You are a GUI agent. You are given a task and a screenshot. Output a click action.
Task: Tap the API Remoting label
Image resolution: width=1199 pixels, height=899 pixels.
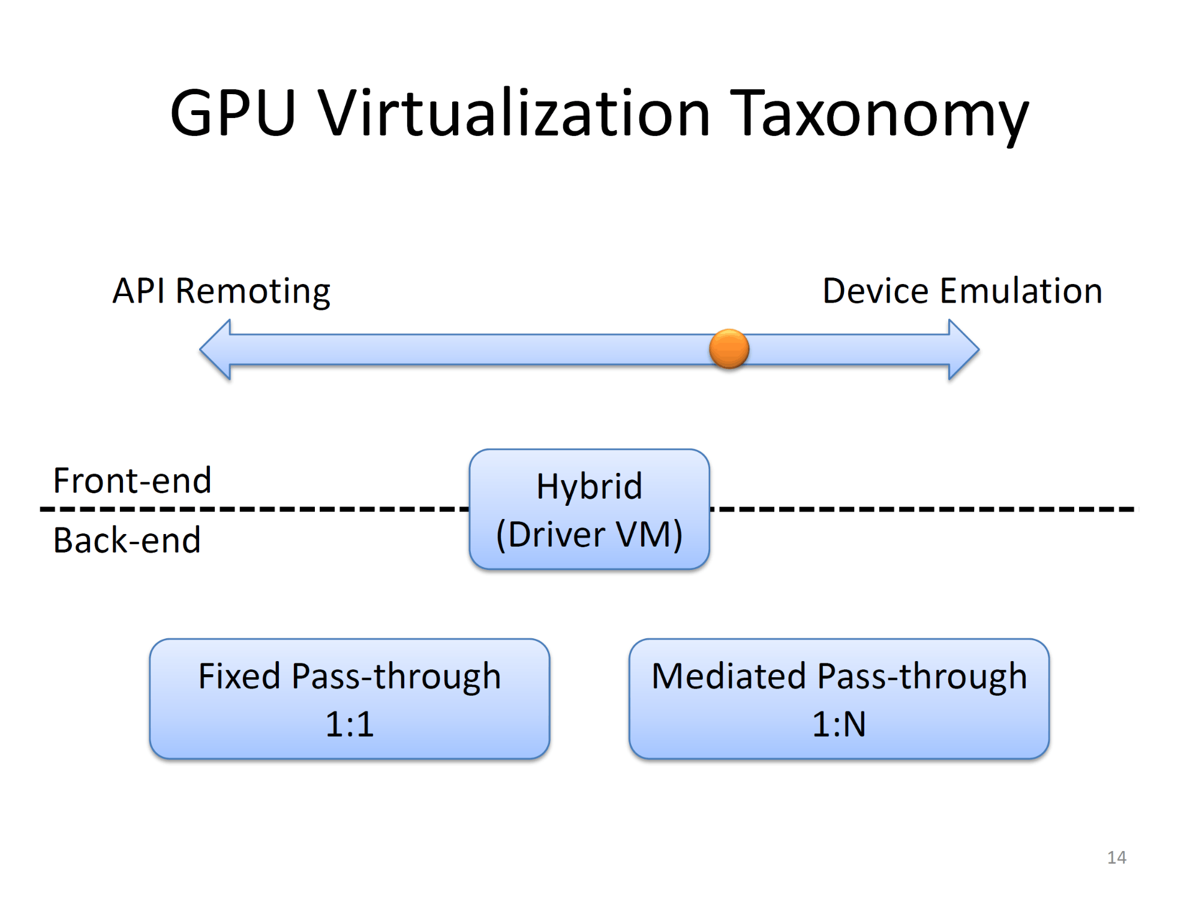coord(221,292)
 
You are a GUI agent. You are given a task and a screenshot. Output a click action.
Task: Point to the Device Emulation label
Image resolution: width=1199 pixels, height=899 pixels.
coord(962,291)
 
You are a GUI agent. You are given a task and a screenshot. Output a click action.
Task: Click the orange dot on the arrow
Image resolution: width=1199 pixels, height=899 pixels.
coord(729,348)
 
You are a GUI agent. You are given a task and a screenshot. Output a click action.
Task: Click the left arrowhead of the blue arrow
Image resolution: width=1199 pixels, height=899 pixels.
coord(215,349)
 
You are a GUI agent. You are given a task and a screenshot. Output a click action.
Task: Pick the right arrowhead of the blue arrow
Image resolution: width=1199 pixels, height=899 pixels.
coord(964,349)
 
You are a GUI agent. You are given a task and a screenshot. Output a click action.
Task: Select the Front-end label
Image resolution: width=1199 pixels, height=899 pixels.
coord(133,480)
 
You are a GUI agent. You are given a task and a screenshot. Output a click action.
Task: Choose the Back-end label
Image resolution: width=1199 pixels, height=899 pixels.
coord(127,540)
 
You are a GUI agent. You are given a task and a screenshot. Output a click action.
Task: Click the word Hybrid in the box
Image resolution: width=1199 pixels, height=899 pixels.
coord(589,486)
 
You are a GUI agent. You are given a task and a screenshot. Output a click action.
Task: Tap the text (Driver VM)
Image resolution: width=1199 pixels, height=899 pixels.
coord(589,535)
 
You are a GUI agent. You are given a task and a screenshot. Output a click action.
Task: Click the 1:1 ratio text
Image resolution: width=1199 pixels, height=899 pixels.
coord(350,724)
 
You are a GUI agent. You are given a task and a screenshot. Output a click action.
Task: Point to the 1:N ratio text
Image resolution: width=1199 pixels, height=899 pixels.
coord(839,724)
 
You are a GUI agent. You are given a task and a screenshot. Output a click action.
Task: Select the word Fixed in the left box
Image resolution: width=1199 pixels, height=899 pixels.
coord(240,676)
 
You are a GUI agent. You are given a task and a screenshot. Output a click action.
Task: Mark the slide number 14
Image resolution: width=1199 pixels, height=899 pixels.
coord(1116,858)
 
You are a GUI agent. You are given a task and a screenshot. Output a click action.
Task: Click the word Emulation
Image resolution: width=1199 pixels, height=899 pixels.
coord(1021,291)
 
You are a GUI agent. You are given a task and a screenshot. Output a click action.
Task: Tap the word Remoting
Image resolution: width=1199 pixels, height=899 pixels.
coord(253,292)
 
